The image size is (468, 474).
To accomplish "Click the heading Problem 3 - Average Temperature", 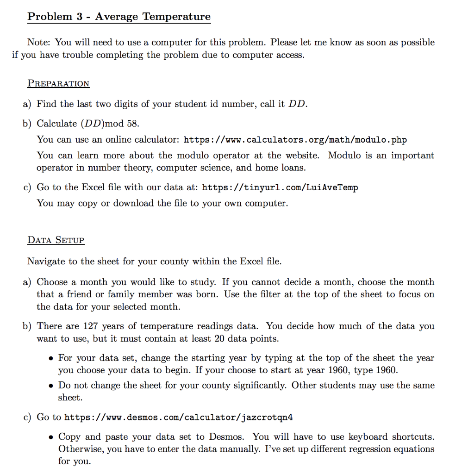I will [x=119, y=17].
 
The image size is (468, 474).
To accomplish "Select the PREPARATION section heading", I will [x=58, y=83].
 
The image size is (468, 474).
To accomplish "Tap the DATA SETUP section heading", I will [x=56, y=240].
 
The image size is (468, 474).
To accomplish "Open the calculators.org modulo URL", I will [x=295, y=140].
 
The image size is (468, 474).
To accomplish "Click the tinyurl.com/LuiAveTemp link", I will [x=280, y=187].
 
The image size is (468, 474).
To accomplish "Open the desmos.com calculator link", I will [x=178, y=418].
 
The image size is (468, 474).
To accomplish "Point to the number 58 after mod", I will [x=132, y=124].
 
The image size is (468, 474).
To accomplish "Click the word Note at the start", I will [x=39, y=43].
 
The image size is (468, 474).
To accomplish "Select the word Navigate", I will [x=46, y=262].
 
